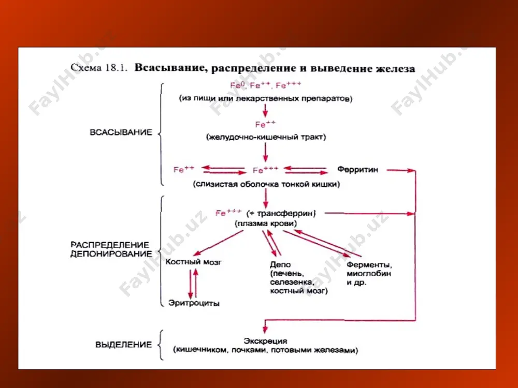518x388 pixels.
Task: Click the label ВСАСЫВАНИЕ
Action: tap(121, 132)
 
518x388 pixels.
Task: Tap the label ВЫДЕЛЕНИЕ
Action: tap(124, 345)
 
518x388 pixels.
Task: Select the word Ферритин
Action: tap(357, 170)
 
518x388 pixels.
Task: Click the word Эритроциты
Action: tap(194, 303)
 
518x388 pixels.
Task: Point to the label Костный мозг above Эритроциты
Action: tap(194, 262)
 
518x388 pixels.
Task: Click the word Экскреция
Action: tap(265, 341)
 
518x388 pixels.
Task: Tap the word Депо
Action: tap(280, 264)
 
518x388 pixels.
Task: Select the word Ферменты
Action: tap(369, 265)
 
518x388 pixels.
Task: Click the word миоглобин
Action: tap(369, 274)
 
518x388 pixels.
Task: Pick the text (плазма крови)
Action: tap(266, 223)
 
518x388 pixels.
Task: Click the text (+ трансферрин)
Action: tap(281, 214)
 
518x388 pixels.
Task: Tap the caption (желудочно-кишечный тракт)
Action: tap(266, 137)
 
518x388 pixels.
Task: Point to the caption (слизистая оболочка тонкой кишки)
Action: tap(266, 184)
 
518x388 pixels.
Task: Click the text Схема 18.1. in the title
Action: tap(99, 68)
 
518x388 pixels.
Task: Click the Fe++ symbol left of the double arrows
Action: tap(184, 169)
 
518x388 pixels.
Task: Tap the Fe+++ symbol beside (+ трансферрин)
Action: tap(228, 213)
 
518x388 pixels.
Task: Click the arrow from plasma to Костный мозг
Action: tap(218, 243)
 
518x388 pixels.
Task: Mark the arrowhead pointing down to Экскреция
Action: tap(265, 330)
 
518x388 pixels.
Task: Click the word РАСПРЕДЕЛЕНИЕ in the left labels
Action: tap(110, 245)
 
